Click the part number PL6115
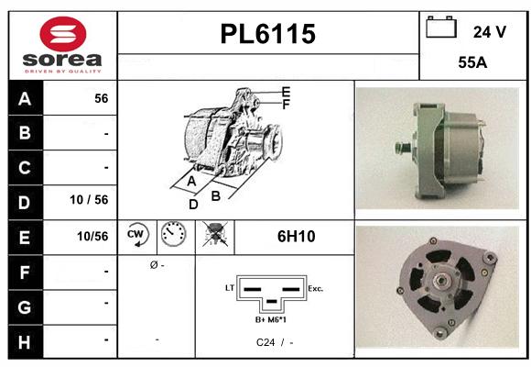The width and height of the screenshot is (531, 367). pos(268,35)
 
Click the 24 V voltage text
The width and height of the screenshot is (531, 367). pos(489,32)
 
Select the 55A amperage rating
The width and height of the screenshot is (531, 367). pos(471,64)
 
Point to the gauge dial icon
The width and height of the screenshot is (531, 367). pos(171,236)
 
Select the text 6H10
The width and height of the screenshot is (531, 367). pos(296,237)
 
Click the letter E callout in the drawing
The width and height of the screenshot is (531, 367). pos(286,92)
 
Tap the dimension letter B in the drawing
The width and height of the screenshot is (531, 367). pos(216,195)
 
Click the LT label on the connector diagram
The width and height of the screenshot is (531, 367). pos(230,288)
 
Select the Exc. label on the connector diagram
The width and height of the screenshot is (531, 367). pos(315,288)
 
